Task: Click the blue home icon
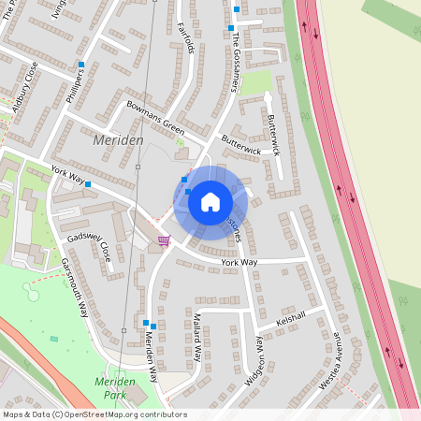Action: click(x=210, y=201)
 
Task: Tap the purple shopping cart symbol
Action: click(x=165, y=240)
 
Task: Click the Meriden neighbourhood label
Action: click(x=119, y=139)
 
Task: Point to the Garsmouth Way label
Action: click(x=74, y=289)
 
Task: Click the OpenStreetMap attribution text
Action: click(x=94, y=414)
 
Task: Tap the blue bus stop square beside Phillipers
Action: click(x=82, y=65)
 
